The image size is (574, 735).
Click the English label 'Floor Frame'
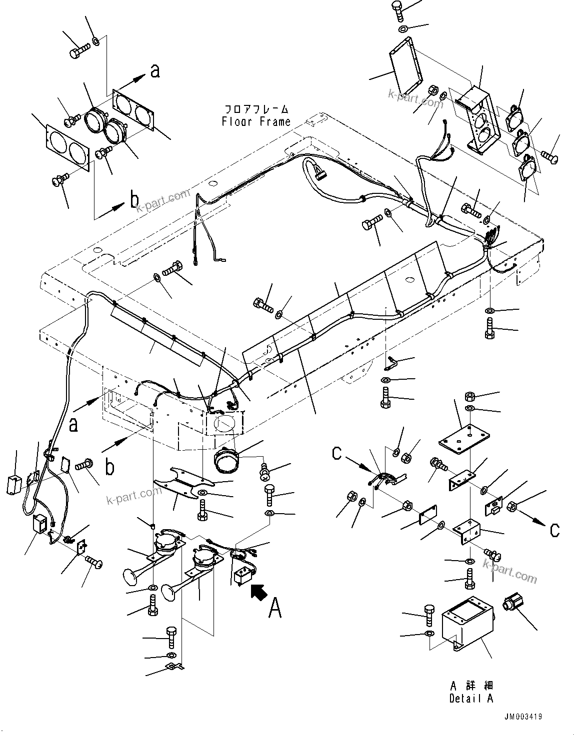[256, 121]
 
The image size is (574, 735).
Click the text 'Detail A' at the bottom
[470, 699]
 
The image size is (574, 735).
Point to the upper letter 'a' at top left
[155, 71]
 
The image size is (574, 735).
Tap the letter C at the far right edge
[554, 530]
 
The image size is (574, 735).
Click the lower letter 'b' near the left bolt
[109, 468]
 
